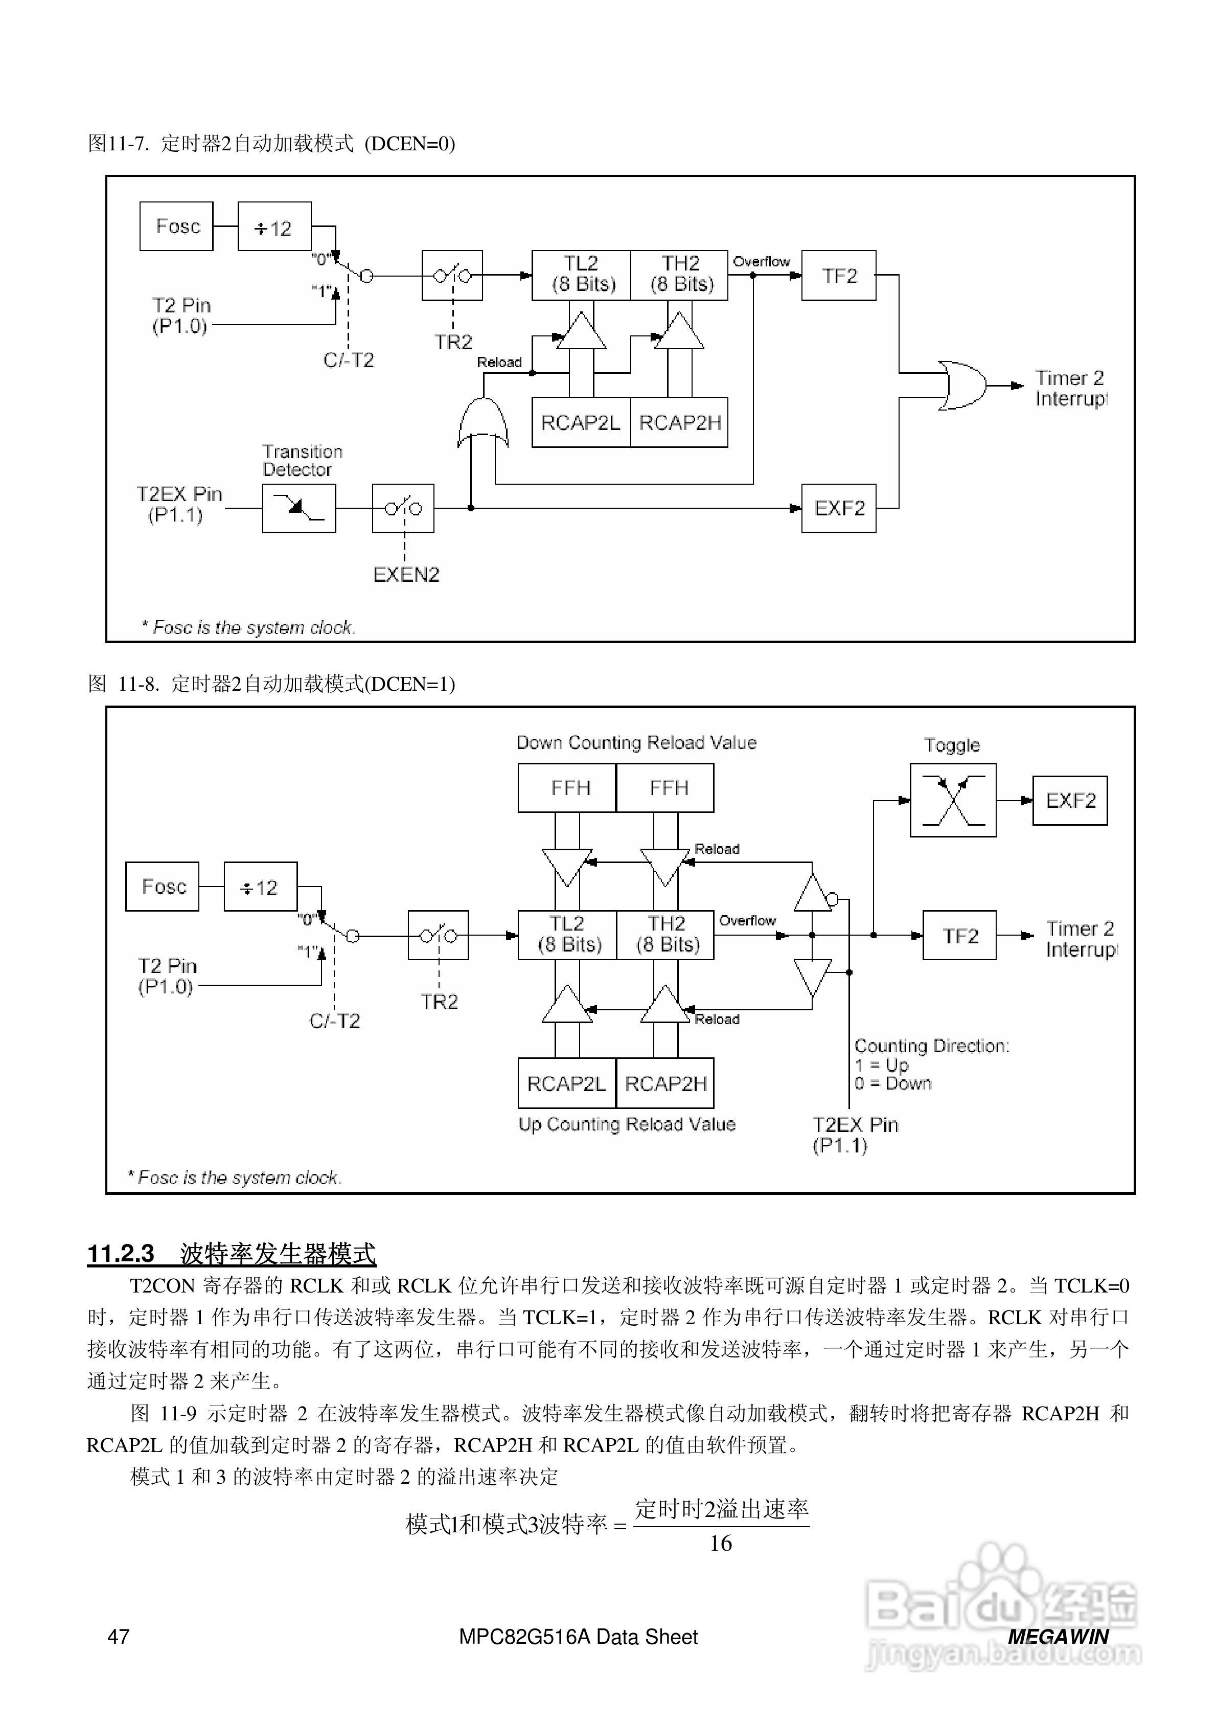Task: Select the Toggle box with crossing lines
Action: pos(952,800)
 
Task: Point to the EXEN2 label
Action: pos(406,575)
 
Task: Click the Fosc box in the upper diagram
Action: pos(176,226)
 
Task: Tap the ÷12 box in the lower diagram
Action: pos(260,887)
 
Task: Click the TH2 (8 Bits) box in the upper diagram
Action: pos(679,275)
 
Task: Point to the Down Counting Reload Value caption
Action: pos(636,742)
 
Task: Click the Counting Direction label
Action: pos(931,1046)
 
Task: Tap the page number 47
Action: pos(119,1637)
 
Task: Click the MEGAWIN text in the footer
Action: pos(1058,1637)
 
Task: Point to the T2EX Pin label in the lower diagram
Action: pos(855,1124)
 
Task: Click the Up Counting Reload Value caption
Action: pos(627,1123)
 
